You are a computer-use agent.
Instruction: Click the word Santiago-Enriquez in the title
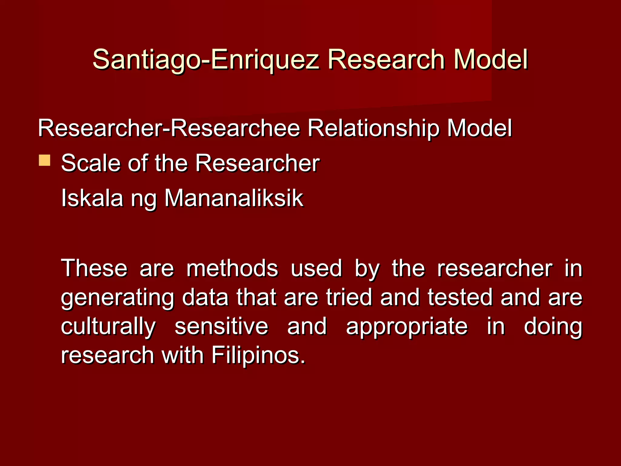point(206,60)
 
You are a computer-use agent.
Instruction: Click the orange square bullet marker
point(45,160)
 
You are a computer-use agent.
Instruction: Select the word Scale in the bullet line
point(91,163)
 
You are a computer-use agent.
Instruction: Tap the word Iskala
point(92,198)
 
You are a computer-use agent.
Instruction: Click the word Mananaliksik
point(233,198)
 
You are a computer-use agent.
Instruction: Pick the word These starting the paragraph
point(94,268)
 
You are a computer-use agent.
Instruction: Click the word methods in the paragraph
point(232,268)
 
